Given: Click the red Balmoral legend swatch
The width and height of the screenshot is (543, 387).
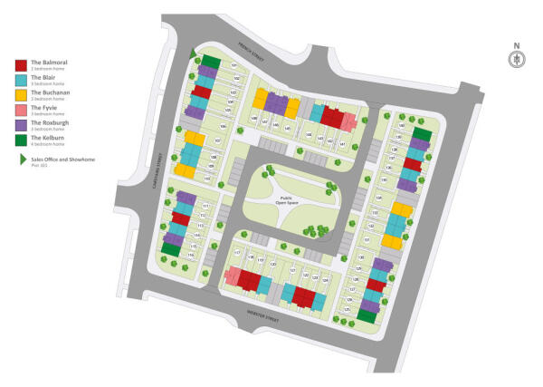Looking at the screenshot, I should click(x=21, y=64).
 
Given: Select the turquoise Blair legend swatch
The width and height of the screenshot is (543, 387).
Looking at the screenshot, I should click(x=21, y=79).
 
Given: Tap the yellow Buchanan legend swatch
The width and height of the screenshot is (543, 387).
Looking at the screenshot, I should click(x=21, y=94).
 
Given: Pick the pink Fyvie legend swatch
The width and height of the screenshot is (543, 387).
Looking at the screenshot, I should click(x=21, y=109).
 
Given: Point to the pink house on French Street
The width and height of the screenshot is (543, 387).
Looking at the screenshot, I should click(x=348, y=121).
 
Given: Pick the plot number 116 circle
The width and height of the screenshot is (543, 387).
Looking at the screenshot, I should click(x=192, y=256).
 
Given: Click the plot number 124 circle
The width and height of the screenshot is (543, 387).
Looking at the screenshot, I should click(x=324, y=280).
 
